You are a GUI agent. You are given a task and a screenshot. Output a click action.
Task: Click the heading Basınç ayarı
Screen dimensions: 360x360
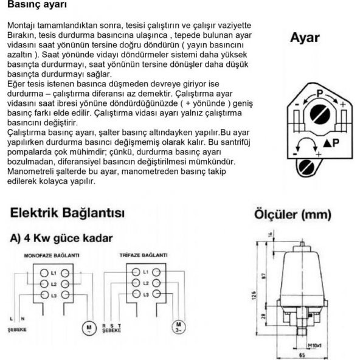coord(37,5)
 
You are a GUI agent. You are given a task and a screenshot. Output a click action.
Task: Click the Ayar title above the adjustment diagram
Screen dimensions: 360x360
coord(305,37)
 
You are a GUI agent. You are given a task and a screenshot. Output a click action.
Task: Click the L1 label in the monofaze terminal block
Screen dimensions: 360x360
coord(54,271)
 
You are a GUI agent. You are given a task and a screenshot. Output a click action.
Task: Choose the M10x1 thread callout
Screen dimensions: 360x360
coord(316,345)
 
